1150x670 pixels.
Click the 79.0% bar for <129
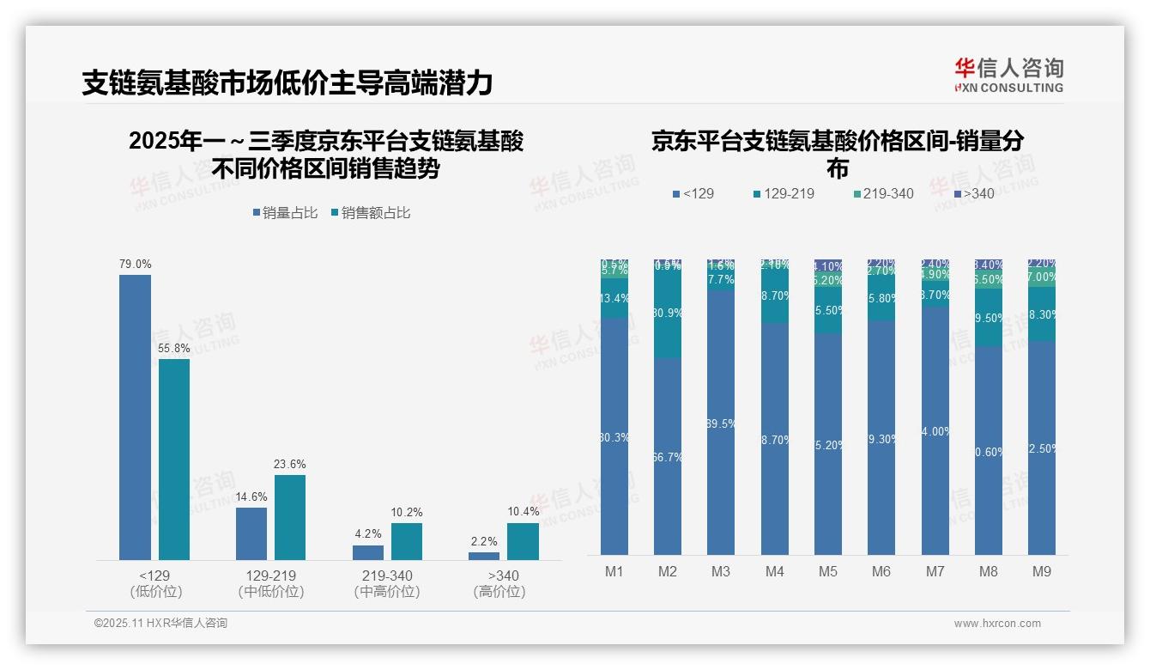[135, 417]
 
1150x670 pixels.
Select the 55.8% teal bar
[174, 460]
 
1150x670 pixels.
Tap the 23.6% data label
[290, 464]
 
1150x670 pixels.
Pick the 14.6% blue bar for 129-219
[251, 533]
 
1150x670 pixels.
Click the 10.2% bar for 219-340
[407, 541]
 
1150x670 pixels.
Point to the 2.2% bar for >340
[484, 556]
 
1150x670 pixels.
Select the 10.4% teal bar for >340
[523, 541]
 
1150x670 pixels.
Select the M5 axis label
[827, 571]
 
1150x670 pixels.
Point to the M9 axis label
[1041, 571]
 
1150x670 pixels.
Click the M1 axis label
[614, 571]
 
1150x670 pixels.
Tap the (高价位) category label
[499, 592]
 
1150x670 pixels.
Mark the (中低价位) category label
[271, 592]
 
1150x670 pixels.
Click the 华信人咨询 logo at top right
[1008, 76]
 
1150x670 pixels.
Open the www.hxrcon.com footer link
[997, 624]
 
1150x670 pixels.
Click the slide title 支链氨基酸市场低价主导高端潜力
[287, 82]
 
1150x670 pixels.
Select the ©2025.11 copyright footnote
[160, 624]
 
